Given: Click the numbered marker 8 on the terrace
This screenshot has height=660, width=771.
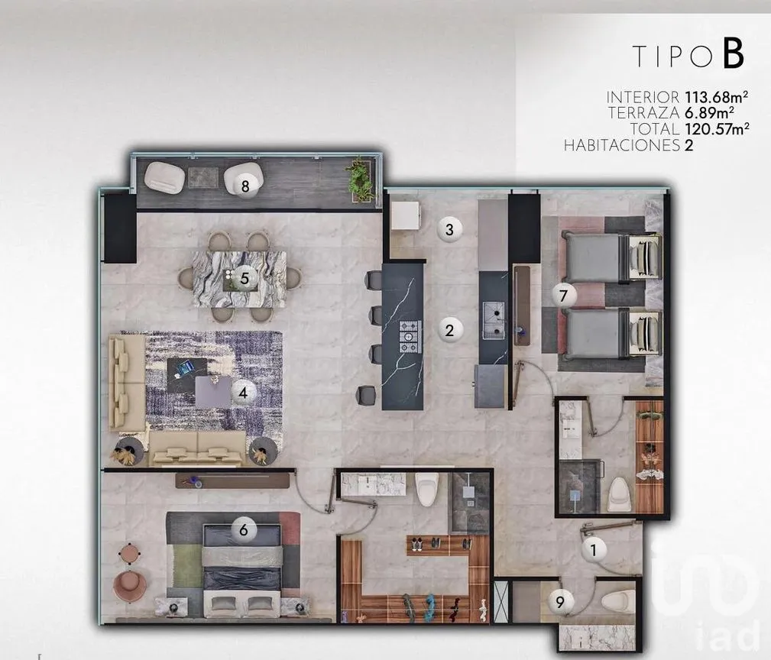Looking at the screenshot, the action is pyautogui.click(x=245, y=186).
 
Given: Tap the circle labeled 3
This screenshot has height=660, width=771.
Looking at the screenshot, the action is pyautogui.click(x=449, y=229).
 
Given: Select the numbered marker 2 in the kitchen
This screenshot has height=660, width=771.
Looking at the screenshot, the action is pyautogui.click(x=449, y=330).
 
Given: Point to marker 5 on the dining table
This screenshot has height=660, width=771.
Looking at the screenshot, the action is pyautogui.click(x=245, y=279).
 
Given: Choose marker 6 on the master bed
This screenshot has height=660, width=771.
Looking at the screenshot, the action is pyautogui.click(x=243, y=530).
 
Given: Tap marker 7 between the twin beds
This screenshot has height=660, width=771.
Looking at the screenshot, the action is pyautogui.click(x=563, y=296).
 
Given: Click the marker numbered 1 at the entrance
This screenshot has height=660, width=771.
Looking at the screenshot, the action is pyautogui.click(x=594, y=549).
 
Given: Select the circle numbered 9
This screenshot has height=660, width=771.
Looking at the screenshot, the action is pyautogui.click(x=560, y=601).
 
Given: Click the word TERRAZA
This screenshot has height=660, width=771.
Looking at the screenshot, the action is pyautogui.click(x=644, y=113).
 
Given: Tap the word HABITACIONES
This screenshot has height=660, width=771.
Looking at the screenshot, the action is pyautogui.click(x=621, y=145).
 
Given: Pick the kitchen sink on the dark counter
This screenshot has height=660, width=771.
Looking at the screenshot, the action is pyautogui.click(x=494, y=320).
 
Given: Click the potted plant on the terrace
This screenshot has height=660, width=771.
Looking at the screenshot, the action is pyautogui.click(x=361, y=180).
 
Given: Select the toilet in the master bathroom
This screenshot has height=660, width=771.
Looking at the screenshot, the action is pyautogui.click(x=426, y=490).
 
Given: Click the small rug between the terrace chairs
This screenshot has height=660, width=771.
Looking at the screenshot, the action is pyautogui.click(x=203, y=177).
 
